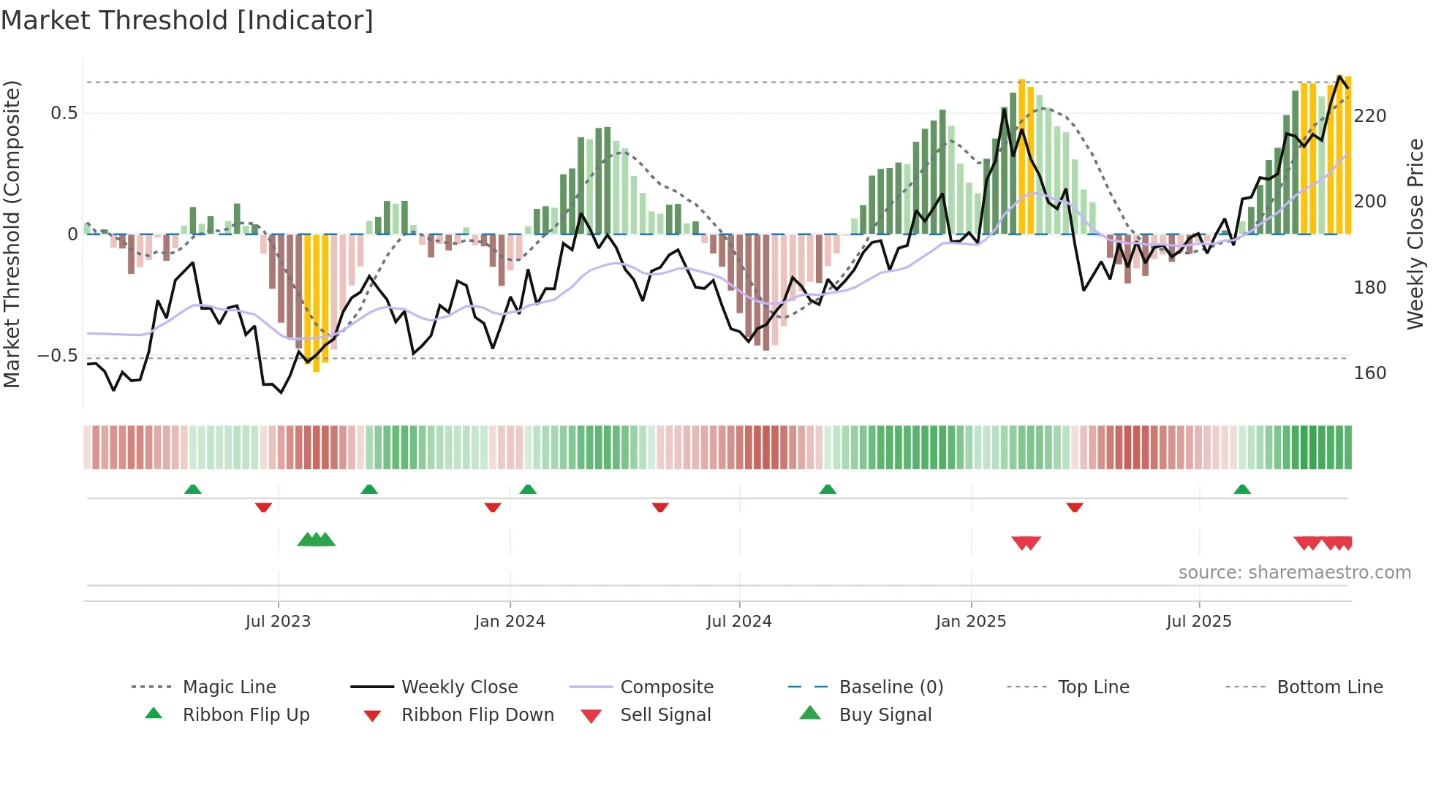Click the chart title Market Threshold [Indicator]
coord(187,20)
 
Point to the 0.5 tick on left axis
coord(64,113)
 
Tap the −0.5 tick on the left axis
coord(58,356)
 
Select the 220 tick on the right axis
coord(1369,116)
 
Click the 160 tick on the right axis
coord(1369,373)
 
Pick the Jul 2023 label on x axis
coord(278,622)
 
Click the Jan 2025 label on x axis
coord(970,622)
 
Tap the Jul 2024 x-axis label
coord(738,622)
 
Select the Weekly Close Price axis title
coord(1415,234)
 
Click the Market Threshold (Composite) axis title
coord(12,234)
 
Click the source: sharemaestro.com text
coord(1294,573)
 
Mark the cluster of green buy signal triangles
coord(316,541)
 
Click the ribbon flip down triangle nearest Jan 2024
coord(492,507)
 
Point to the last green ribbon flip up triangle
coord(1241,489)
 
